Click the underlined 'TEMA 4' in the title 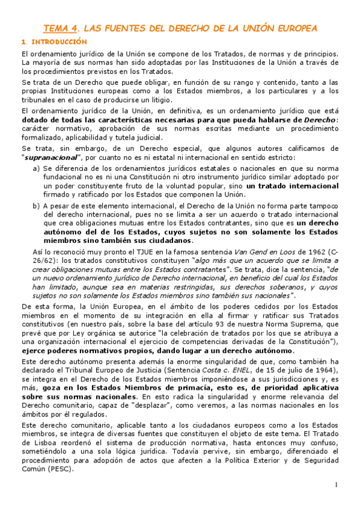click(60, 28)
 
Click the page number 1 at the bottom click(337, 485)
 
